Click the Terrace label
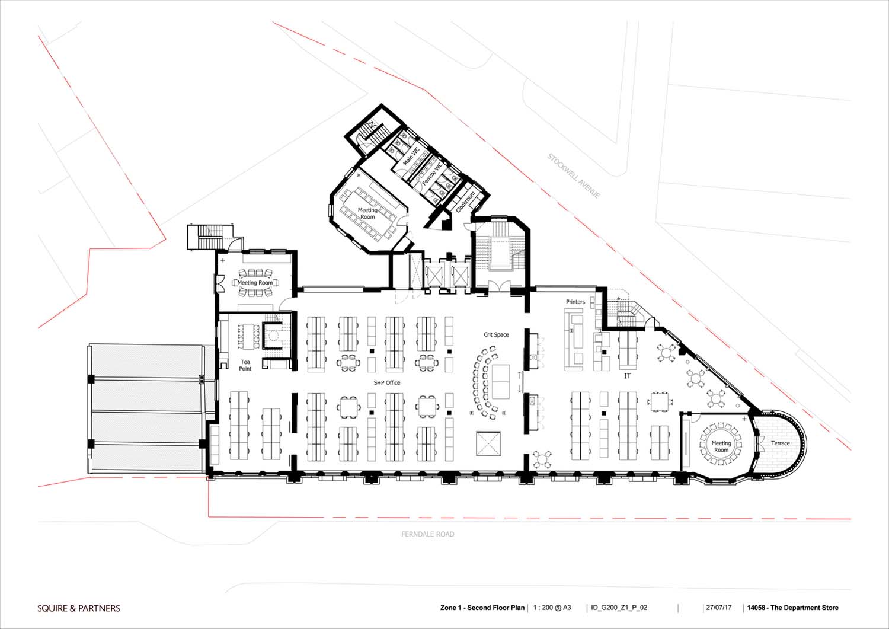tap(781, 443)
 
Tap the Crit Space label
tap(496, 334)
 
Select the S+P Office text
tap(387, 382)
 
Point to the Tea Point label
tap(245, 365)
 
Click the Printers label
tap(575, 302)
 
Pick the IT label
tap(628, 376)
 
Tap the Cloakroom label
tap(465, 202)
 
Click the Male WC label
tap(411, 156)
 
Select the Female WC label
tap(432, 174)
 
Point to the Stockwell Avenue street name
tap(574, 175)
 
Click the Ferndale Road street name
tap(428, 534)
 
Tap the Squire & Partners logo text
tap(79, 608)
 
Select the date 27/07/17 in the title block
tap(719, 608)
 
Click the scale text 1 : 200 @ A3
tap(552, 608)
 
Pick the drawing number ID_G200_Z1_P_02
tap(619, 608)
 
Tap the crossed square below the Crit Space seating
tap(488, 444)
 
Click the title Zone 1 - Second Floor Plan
tap(482, 608)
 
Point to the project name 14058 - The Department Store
tap(793, 608)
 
